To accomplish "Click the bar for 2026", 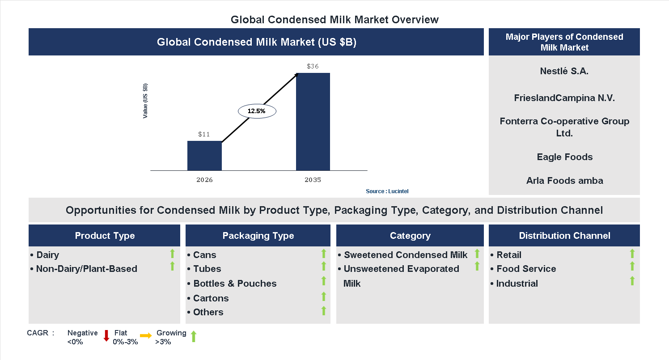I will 204,156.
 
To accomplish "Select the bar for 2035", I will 313,122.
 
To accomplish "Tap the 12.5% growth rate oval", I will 257,111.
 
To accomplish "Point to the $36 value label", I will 313,66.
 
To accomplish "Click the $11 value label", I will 204,134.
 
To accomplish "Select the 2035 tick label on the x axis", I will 313,180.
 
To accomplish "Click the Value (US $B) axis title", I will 145,101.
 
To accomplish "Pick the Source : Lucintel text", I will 387,191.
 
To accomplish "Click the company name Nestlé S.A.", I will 564,71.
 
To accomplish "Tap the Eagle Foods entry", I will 564,157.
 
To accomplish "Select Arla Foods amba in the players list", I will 564,181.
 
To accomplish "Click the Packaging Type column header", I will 258,236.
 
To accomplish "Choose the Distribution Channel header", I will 564,236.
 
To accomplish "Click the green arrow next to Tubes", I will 324,267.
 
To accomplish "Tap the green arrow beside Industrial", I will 632,281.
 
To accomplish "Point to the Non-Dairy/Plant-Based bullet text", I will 86,269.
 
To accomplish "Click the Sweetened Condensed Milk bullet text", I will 405,255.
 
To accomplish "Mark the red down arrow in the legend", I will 106,336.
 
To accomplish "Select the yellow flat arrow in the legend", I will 146,335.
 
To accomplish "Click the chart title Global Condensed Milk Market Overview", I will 334,20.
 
